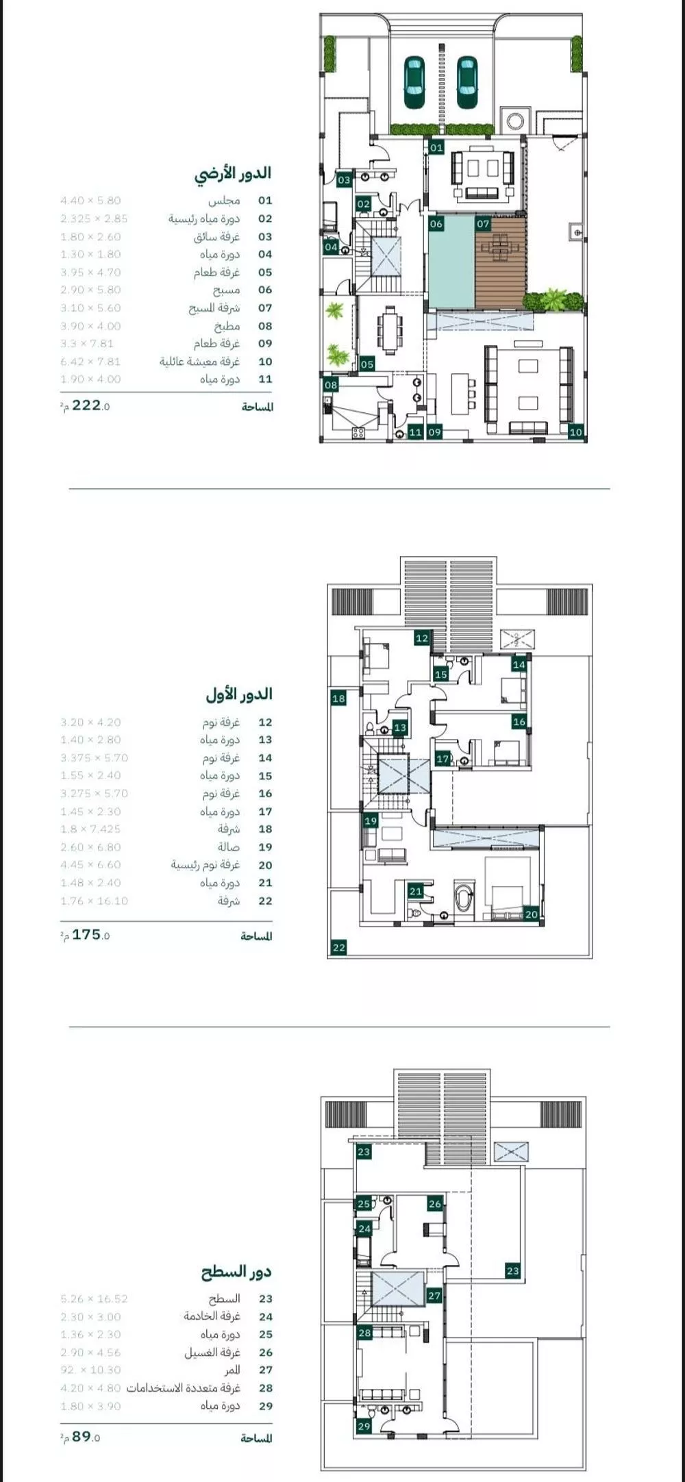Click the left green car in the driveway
pyautogui.click(x=414, y=82)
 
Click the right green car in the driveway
pyautogui.click(x=466, y=82)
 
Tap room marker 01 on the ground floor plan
pyautogui.click(x=437, y=147)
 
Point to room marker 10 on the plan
pyautogui.click(x=575, y=431)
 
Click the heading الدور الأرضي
pyautogui.click(x=233, y=173)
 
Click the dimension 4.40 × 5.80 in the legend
pyautogui.click(x=90, y=201)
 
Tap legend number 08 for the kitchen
pyautogui.click(x=265, y=326)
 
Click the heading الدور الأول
pyautogui.click(x=238, y=694)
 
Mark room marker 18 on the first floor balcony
pyautogui.click(x=338, y=699)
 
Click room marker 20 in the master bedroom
pyautogui.click(x=532, y=914)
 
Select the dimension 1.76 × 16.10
pyautogui.click(x=94, y=901)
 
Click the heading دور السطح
pyautogui.click(x=236, y=1272)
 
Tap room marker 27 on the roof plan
pyautogui.click(x=434, y=1296)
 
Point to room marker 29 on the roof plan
pyautogui.click(x=364, y=1426)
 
